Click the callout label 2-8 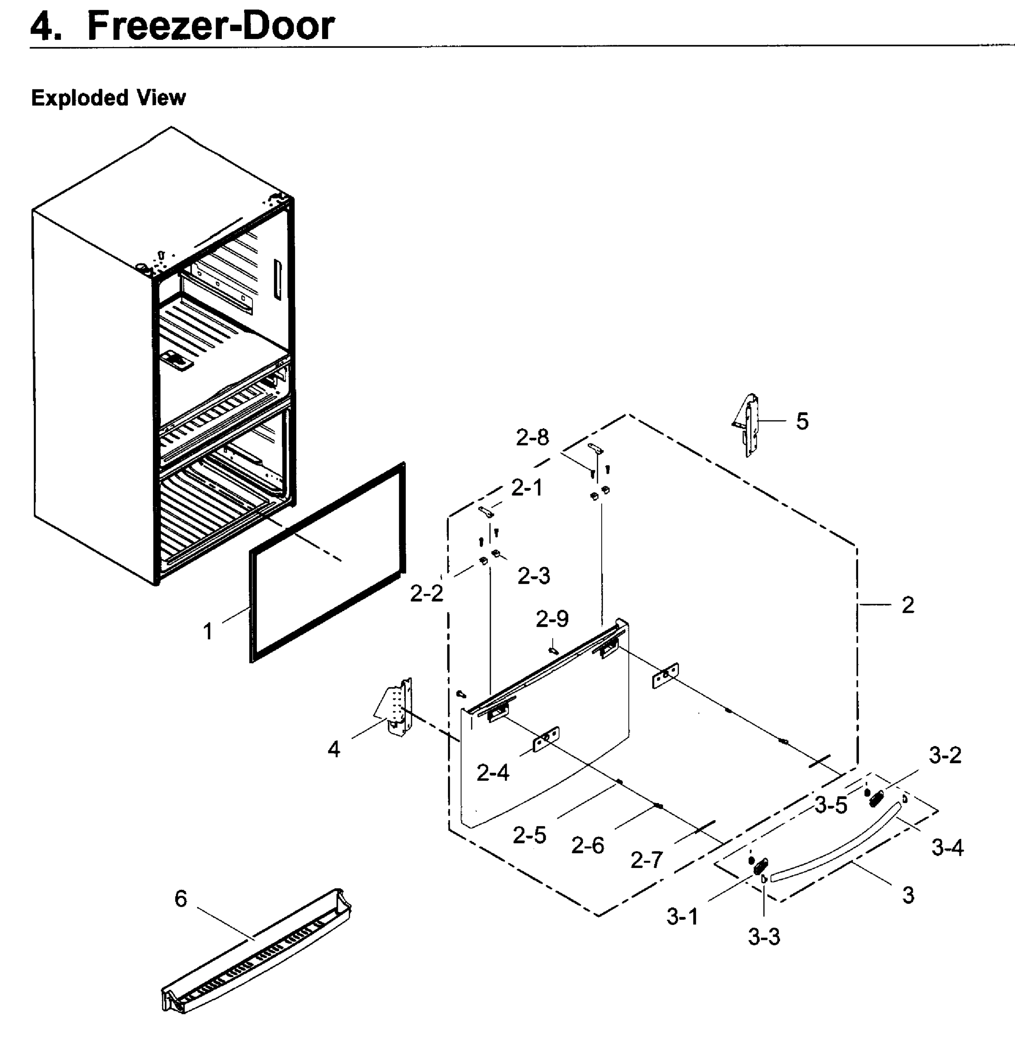click(532, 437)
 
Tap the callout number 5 click(802, 421)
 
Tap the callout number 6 click(181, 899)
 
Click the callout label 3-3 click(764, 937)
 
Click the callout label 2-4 click(493, 773)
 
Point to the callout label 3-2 click(945, 755)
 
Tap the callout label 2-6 click(587, 846)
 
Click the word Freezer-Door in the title click(211, 25)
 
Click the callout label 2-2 click(427, 593)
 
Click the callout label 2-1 click(526, 487)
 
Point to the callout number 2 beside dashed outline click(908, 605)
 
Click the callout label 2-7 click(646, 860)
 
